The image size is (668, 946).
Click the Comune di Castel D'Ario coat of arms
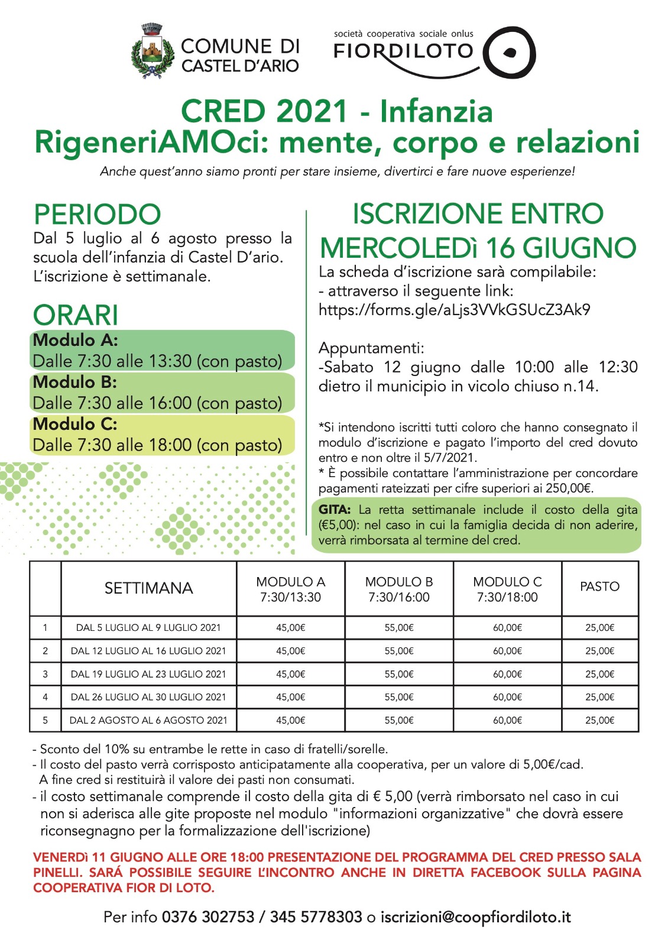pos(153,52)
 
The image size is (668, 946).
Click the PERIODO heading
pos(98,214)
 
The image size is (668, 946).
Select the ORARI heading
pos(76,315)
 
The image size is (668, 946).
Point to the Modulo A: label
pos(75,340)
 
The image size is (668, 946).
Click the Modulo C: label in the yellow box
pos(75,424)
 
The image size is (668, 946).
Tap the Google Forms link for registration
pos(454,310)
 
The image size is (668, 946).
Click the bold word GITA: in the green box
pos(335,510)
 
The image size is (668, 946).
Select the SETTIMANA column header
pos(148,588)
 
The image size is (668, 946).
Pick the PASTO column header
pos(599,587)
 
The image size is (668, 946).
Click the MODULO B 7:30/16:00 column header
pos(398,589)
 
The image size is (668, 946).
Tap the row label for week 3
pos(45,674)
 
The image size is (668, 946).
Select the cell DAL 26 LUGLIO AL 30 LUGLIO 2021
pos(148,697)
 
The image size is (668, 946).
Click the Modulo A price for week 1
pos(290,628)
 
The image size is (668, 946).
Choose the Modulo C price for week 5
pos(507,720)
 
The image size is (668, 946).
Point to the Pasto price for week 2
pos(599,651)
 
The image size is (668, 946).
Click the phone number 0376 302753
pos(207,917)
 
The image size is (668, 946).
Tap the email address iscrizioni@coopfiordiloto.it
pos(475,917)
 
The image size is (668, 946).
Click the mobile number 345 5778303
pos(316,917)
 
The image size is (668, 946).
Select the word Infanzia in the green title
pos(436,111)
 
